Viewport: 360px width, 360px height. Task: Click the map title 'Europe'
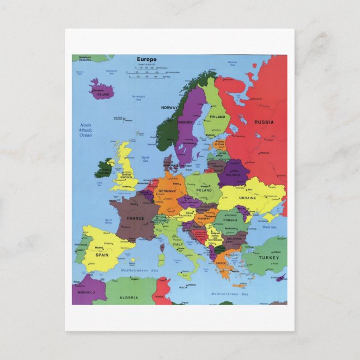[x=146, y=59]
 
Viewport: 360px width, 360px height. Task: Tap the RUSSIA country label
[x=264, y=122]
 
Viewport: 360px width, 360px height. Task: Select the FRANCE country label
[x=135, y=219]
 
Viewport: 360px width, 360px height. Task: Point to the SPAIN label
[x=102, y=254]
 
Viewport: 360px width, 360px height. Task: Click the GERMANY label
[x=167, y=191]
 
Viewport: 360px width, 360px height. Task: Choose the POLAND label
[x=204, y=190]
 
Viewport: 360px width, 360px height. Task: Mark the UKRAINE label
[x=248, y=198]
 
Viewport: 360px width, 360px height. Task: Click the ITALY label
[x=178, y=244]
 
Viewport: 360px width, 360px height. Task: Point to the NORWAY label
[x=169, y=107]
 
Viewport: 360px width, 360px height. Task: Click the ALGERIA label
[x=129, y=298]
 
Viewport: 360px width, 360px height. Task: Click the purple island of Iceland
[x=101, y=89]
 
